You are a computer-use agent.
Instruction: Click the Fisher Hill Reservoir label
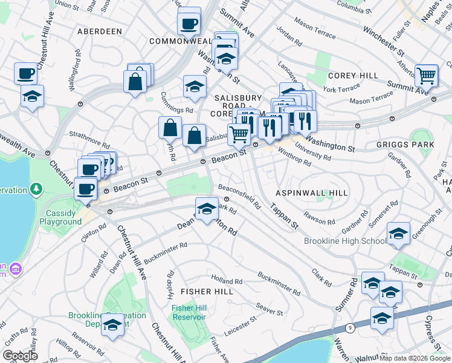[190, 312]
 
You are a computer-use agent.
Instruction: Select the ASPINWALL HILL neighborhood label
[312, 192]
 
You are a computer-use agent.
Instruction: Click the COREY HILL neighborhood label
[353, 76]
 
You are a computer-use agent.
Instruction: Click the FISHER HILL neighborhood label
[207, 292]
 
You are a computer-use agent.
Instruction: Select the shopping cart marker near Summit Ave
[427, 76]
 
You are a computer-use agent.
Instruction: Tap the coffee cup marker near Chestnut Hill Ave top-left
[26, 73]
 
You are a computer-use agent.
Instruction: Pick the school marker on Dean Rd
[206, 208]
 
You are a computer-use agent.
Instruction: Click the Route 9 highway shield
[350, 328]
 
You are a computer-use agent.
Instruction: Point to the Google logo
[20, 356]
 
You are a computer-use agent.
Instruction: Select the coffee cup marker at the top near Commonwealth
[189, 24]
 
